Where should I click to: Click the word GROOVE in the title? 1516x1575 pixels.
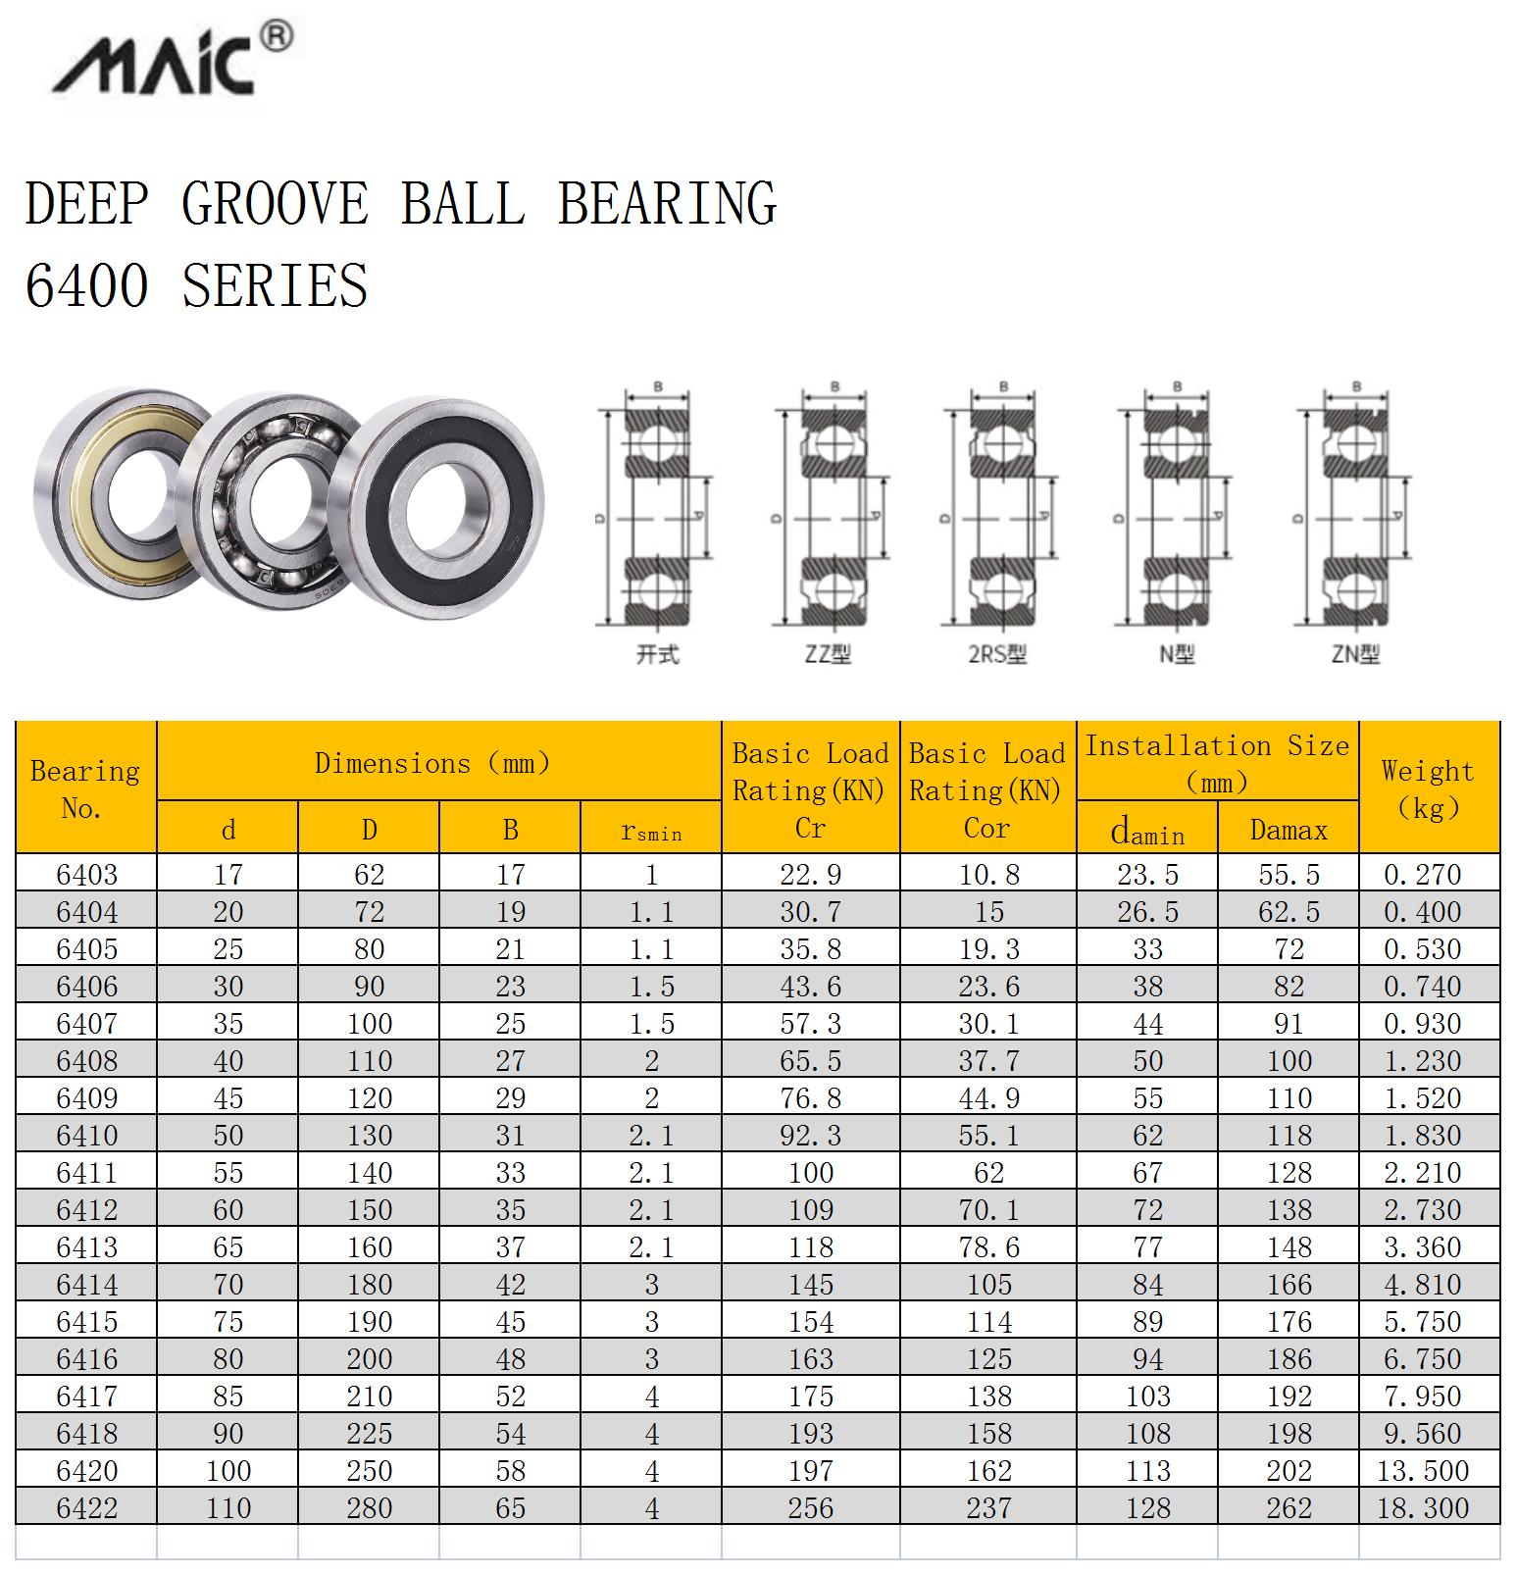pyautogui.click(x=276, y=203)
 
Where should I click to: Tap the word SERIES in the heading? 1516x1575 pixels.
pyautogui.click(x=276, y=285)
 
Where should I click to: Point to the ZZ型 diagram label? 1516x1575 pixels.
pyautogui.click(x=828, y=653)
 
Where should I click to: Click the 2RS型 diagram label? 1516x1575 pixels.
pyautogui.click(x=997, y=653)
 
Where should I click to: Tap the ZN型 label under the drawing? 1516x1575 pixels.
pyautogui.click(x=1355, y=653)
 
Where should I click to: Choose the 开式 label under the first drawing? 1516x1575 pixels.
pyautogui.click(x=657, y=653)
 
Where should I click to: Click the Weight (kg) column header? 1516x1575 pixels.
pyautogui.click(x=1428, y=788)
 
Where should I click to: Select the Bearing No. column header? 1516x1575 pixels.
pyautogui.click(x=85, y=788)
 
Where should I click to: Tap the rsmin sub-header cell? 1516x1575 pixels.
pyautogui.click(x=651, y=831)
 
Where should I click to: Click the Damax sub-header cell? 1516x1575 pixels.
pyautogui.click(x=1289, y=831)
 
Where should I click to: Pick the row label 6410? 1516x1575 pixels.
pyautogui.click(x=87, y=1135)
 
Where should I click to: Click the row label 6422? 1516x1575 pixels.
pyautogui.click(x=87, y=1507)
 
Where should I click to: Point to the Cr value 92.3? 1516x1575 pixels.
pyautogui.click(x=810, y=1135)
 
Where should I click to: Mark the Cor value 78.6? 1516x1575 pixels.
pyautogui.click(x=988, y=1246)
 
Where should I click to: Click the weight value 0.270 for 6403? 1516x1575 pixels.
pyautogui.click(x=1423, y=874)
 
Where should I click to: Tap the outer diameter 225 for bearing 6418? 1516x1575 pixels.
pyautogui.click(x=369, y=1433)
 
